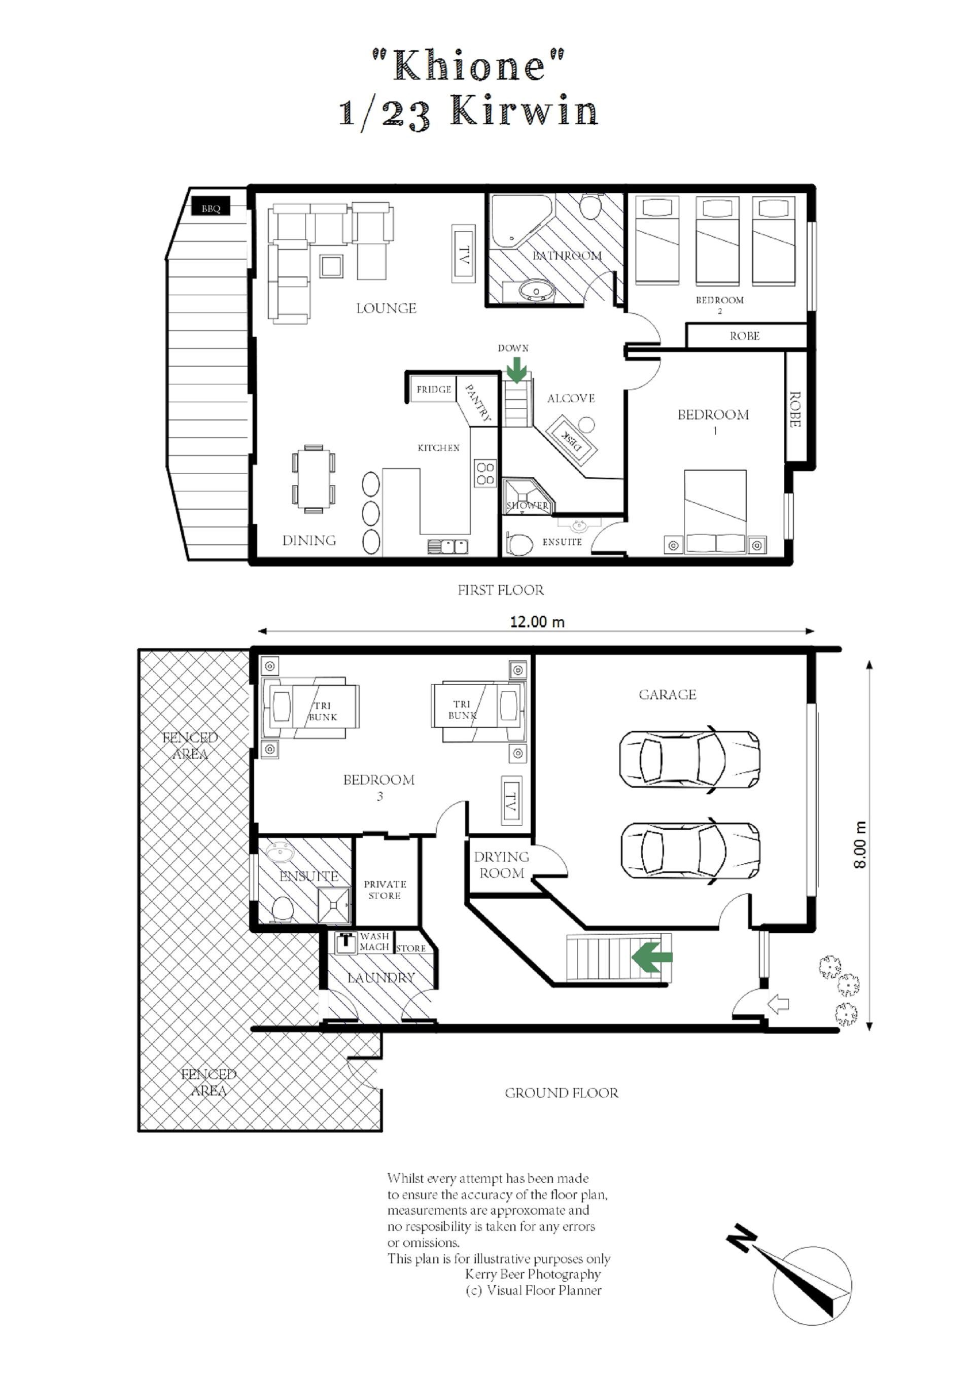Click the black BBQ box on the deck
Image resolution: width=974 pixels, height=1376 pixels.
211,208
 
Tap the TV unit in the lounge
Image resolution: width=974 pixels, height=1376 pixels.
463,254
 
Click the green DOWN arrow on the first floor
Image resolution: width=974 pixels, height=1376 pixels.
516,369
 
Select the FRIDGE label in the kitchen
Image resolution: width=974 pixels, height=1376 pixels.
434,389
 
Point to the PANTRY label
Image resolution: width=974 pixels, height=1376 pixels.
478,402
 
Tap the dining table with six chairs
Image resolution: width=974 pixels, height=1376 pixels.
314,479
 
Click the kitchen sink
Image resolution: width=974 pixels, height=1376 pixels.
447,546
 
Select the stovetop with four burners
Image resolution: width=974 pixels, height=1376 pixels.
485,473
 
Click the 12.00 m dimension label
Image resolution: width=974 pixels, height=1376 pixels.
537,622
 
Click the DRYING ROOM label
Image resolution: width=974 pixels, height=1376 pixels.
501,865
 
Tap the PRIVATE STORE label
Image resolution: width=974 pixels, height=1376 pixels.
385,890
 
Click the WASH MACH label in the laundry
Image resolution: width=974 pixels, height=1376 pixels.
374,941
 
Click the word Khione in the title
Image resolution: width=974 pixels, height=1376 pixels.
469,65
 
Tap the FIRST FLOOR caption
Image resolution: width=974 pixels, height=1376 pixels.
501,590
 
